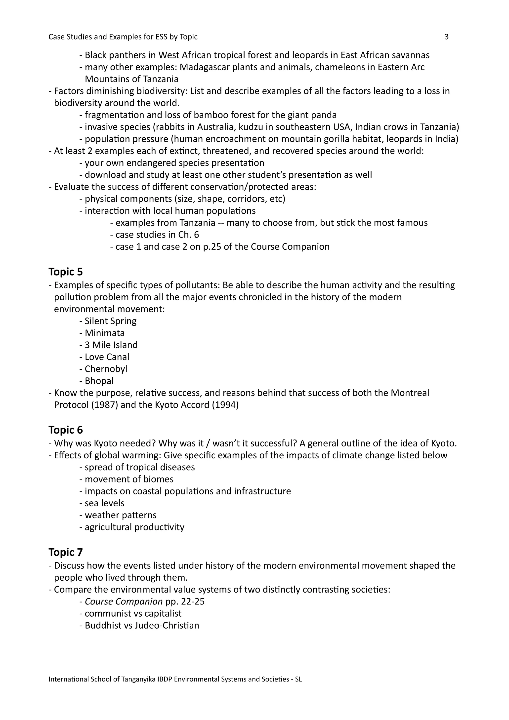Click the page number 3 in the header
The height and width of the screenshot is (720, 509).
446,37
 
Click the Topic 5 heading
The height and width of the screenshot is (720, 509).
66,272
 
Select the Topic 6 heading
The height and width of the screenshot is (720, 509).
66,430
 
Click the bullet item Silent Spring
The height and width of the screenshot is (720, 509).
110,321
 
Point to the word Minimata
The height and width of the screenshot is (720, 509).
105,333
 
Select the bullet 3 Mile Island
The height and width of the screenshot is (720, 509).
111,345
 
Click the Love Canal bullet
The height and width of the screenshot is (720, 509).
107,357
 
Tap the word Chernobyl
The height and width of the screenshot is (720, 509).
106,369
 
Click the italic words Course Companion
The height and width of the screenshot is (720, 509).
124,601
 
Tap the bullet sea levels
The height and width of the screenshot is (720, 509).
104,503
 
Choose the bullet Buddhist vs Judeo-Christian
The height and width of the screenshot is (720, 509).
142,625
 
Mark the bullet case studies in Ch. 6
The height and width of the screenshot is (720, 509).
157,235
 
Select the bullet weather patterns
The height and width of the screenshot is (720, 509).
121,515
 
